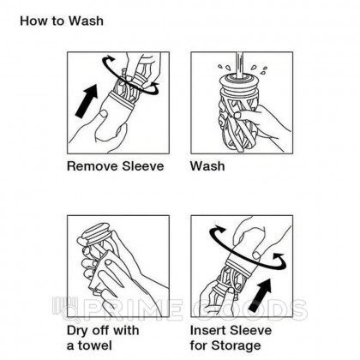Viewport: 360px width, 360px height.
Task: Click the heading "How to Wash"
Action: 62,21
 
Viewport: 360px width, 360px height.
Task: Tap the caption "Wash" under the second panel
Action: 207,166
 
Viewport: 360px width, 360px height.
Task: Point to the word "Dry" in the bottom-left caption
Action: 78,331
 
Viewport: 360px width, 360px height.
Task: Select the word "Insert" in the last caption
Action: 208,331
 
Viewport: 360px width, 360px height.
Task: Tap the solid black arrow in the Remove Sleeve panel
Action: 87,101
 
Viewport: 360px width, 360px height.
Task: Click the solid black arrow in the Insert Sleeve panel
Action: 260,295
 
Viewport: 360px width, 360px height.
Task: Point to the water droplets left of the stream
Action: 225,68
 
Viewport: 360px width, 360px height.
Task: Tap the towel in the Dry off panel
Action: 99,272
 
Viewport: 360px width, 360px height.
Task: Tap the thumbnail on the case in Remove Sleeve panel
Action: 104,113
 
